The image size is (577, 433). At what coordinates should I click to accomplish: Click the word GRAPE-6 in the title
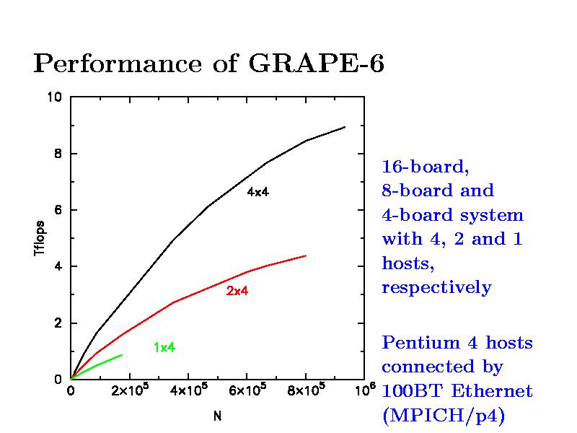(316, 64)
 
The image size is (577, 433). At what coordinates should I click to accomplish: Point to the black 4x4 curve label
(257, 193)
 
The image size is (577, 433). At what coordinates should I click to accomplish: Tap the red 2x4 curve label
(237, 291)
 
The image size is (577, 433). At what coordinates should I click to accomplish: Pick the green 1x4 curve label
(164, 347)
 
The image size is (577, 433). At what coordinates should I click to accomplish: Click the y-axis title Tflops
(41, 238)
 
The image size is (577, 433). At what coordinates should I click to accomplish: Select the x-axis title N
(216, 416)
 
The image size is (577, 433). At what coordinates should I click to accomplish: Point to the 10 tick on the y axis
(55, 97)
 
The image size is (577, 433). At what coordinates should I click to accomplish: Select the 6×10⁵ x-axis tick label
(247, 392)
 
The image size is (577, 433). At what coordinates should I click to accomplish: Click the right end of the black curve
(345, 127)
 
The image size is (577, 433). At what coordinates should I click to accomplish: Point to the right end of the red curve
(306, 255)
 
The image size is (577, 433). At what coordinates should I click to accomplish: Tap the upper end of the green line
(122, 355)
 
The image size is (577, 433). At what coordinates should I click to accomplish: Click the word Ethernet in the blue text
(498, 391)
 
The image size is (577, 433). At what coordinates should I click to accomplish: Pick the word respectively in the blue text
(436, 287)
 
